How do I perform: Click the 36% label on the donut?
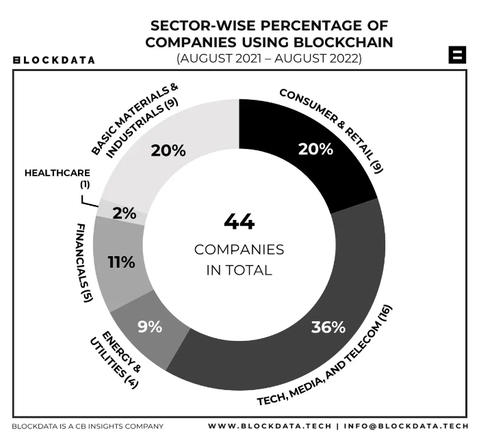click(328, 327)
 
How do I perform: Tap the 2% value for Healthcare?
click(125, 213)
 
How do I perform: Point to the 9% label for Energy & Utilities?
click(150, 327)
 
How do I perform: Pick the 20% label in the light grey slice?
click(168, 150)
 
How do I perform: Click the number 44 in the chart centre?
click(239, 221)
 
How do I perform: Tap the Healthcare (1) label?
click(57, 178)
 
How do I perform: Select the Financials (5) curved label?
click(83, 262)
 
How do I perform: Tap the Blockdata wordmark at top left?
click(55, 60)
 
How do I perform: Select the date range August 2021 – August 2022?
click(269, 58)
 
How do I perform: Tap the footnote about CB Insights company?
click(88, 426)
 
